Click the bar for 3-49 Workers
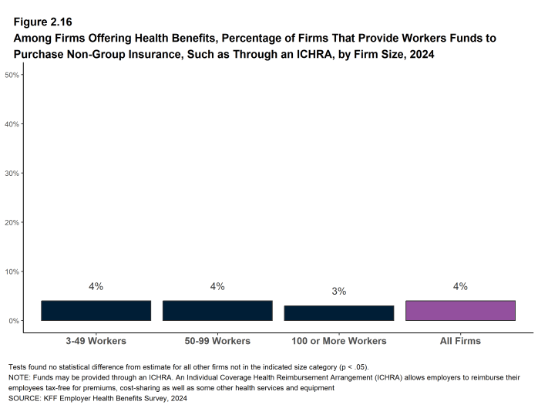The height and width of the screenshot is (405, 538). point(96,311)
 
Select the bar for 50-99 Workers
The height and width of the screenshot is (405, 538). point(217,311)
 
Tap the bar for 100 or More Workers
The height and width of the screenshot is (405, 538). point(339,313)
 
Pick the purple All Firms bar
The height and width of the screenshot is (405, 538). point(460,311)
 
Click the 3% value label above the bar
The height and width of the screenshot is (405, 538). point(339,292)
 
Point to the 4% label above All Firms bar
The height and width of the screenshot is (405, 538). point(460,286)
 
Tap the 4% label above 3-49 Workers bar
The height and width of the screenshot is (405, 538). point(96,286)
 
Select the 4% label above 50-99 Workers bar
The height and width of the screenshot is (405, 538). point(217,286)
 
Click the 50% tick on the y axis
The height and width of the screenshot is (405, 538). point(12,75)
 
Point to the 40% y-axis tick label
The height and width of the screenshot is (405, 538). point(12,124)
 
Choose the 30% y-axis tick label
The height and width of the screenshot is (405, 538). point(12,174)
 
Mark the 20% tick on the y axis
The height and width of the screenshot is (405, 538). point(12,222)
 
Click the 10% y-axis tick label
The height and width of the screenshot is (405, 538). point(12,272)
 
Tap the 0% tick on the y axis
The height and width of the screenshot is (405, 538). point(14,321)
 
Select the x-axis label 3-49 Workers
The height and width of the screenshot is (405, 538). point(96,341)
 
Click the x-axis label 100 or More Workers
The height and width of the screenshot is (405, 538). point(339,341)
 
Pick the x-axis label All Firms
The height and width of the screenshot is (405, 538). point(460,341)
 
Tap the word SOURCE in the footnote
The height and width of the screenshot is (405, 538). point(24,399)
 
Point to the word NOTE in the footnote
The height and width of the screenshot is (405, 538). point(19,378)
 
